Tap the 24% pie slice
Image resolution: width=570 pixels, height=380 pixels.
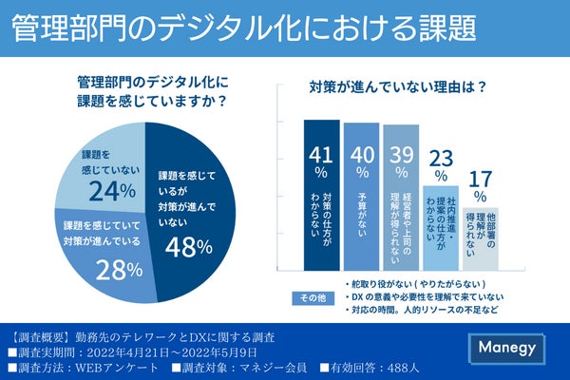(x=104, y=171)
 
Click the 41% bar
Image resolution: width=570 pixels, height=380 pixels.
(x=321, y=195)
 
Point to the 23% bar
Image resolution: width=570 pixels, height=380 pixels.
(x=440, y=228)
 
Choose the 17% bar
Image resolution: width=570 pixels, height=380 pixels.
(x=480, y=237)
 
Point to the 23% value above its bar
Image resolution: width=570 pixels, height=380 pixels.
(x=440, y=164)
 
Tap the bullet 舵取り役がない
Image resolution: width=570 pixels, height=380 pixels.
(x=413, y=284)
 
